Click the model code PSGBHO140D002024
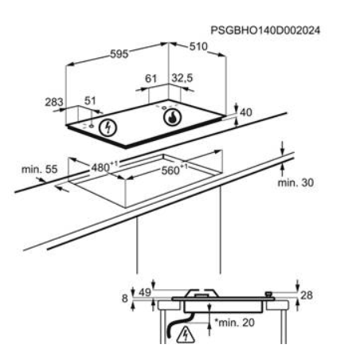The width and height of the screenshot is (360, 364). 265,30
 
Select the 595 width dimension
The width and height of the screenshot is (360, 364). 119,54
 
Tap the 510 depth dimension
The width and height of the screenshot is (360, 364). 198,47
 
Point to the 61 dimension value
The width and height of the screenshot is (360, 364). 151,79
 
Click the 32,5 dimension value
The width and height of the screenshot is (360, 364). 182,78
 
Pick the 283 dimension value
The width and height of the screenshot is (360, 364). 54,102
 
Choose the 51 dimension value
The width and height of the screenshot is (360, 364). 90,101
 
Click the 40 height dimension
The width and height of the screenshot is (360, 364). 246,112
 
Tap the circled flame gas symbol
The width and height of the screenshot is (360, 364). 173,117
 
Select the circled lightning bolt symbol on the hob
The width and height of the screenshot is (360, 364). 108,127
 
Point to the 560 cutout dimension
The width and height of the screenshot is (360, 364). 173,170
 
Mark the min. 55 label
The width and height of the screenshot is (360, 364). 39,170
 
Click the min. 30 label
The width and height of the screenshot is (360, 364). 295,182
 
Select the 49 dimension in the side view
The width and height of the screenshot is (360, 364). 145,292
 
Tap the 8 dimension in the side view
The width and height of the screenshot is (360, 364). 125,299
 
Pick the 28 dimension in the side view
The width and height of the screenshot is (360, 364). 307,296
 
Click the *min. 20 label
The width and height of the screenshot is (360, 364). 235,323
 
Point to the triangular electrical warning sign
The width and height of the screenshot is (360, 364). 186,335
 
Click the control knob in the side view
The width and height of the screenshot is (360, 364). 268,295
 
